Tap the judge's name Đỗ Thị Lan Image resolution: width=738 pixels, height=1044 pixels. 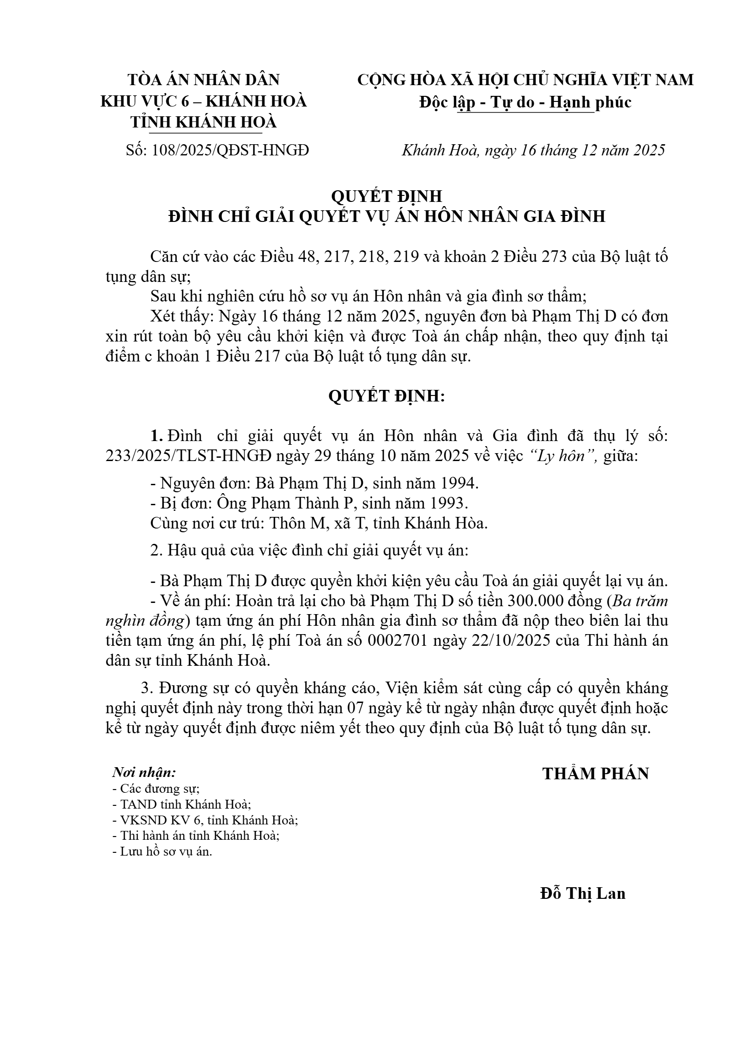(583, 893)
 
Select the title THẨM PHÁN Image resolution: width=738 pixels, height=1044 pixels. (595, 773)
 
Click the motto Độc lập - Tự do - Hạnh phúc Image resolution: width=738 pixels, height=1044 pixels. (525, 102)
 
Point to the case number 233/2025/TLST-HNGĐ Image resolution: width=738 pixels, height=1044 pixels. (188, 456)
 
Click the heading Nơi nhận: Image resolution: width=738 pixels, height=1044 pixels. (145, 772)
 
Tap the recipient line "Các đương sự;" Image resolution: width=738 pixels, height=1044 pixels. (156, 789)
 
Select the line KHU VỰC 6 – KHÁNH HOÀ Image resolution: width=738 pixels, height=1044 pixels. (203, 101)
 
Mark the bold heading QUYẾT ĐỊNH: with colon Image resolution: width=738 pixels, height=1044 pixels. (387, 396)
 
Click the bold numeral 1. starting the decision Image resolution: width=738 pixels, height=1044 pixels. (156, 436)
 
